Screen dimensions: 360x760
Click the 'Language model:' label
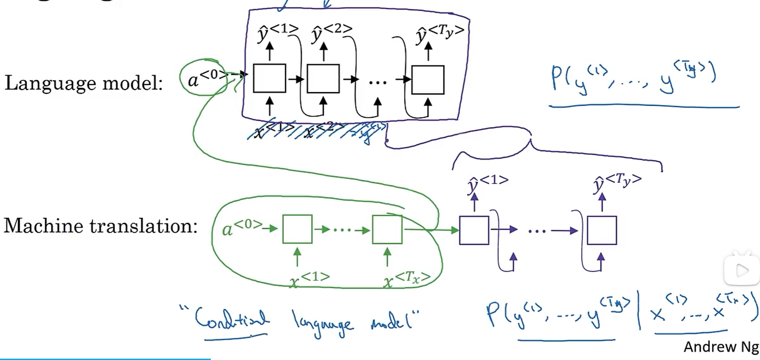tap(84, 83)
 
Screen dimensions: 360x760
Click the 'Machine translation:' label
tap(100, 226)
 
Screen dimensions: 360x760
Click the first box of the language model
tap(269, 78)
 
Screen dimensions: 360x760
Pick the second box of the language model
tap(323, 79)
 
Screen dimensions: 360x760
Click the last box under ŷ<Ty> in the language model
tap(428, 80)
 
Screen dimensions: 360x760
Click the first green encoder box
tap(297, 229)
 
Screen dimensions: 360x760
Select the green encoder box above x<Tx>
tap(387, 229)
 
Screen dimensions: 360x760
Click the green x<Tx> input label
tap(407, 280)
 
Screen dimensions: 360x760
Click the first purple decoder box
tap(474, 230)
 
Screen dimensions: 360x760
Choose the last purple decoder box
tap(602, 230)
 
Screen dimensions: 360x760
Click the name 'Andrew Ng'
tap(721, 347)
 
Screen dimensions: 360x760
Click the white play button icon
tap(741, 270)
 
